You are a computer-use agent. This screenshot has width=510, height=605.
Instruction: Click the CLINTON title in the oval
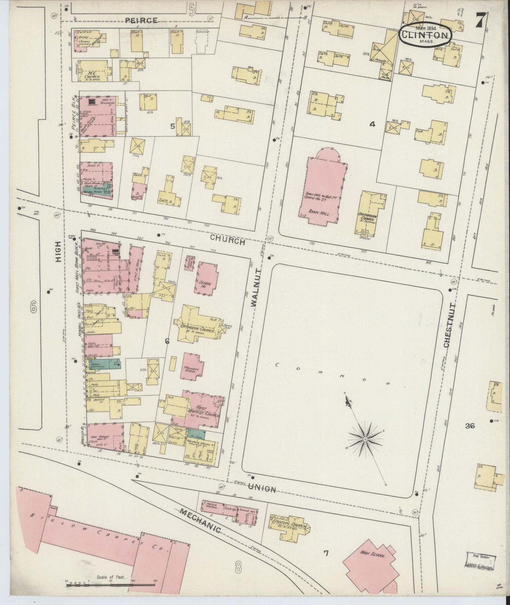[425, 35]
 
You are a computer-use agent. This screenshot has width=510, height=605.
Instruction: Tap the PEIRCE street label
[142, 20]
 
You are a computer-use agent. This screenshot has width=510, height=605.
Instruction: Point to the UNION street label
[262, 489]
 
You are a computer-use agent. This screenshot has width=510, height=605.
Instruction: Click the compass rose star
[365, 439]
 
